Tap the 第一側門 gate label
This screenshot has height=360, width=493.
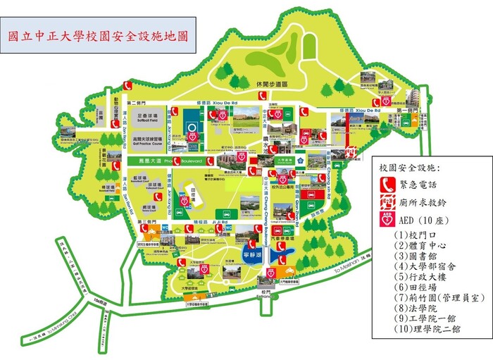408,111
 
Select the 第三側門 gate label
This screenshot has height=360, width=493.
145,222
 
